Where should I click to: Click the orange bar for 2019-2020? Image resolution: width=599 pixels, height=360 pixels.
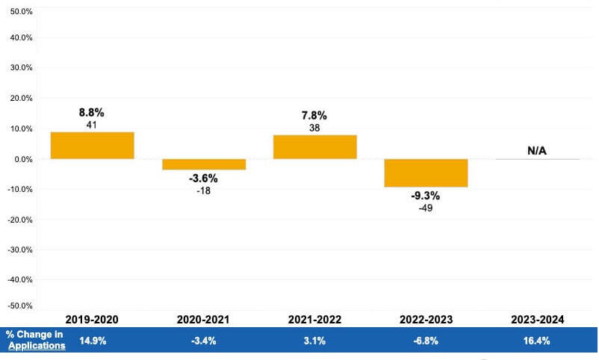[92, 145]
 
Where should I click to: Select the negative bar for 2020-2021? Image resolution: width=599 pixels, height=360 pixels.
[204, 164]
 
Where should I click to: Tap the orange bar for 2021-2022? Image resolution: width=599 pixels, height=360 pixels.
[314, 146]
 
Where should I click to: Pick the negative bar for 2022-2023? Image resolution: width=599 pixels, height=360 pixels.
[426, 173]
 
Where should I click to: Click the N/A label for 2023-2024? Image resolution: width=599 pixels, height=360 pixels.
[537, 151]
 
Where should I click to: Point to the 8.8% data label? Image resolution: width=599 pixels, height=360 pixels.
[92, 113]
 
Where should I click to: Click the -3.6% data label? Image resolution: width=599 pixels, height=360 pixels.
[204, 179]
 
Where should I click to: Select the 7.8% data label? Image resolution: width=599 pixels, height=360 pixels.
[314, 116]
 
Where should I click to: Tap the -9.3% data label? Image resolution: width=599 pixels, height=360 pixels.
[426, 196]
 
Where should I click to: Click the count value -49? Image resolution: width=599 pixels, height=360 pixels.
[426, 208]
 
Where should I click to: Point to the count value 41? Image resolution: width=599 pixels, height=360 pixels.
[92, 125]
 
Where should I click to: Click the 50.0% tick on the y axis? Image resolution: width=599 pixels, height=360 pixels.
[20, 13]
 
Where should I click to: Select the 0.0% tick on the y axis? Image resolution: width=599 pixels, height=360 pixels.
[22, 159]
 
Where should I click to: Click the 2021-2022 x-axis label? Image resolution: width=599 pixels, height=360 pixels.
[314, 319]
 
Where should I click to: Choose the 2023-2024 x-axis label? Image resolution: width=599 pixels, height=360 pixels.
[537, 319]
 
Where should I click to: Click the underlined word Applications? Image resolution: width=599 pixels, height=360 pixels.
[37, 346]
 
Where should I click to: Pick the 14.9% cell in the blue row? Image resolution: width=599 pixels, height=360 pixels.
[92, 341]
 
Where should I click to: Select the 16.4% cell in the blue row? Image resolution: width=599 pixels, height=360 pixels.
[537, 341]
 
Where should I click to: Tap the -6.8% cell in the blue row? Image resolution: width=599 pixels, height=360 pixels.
[426, 341]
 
